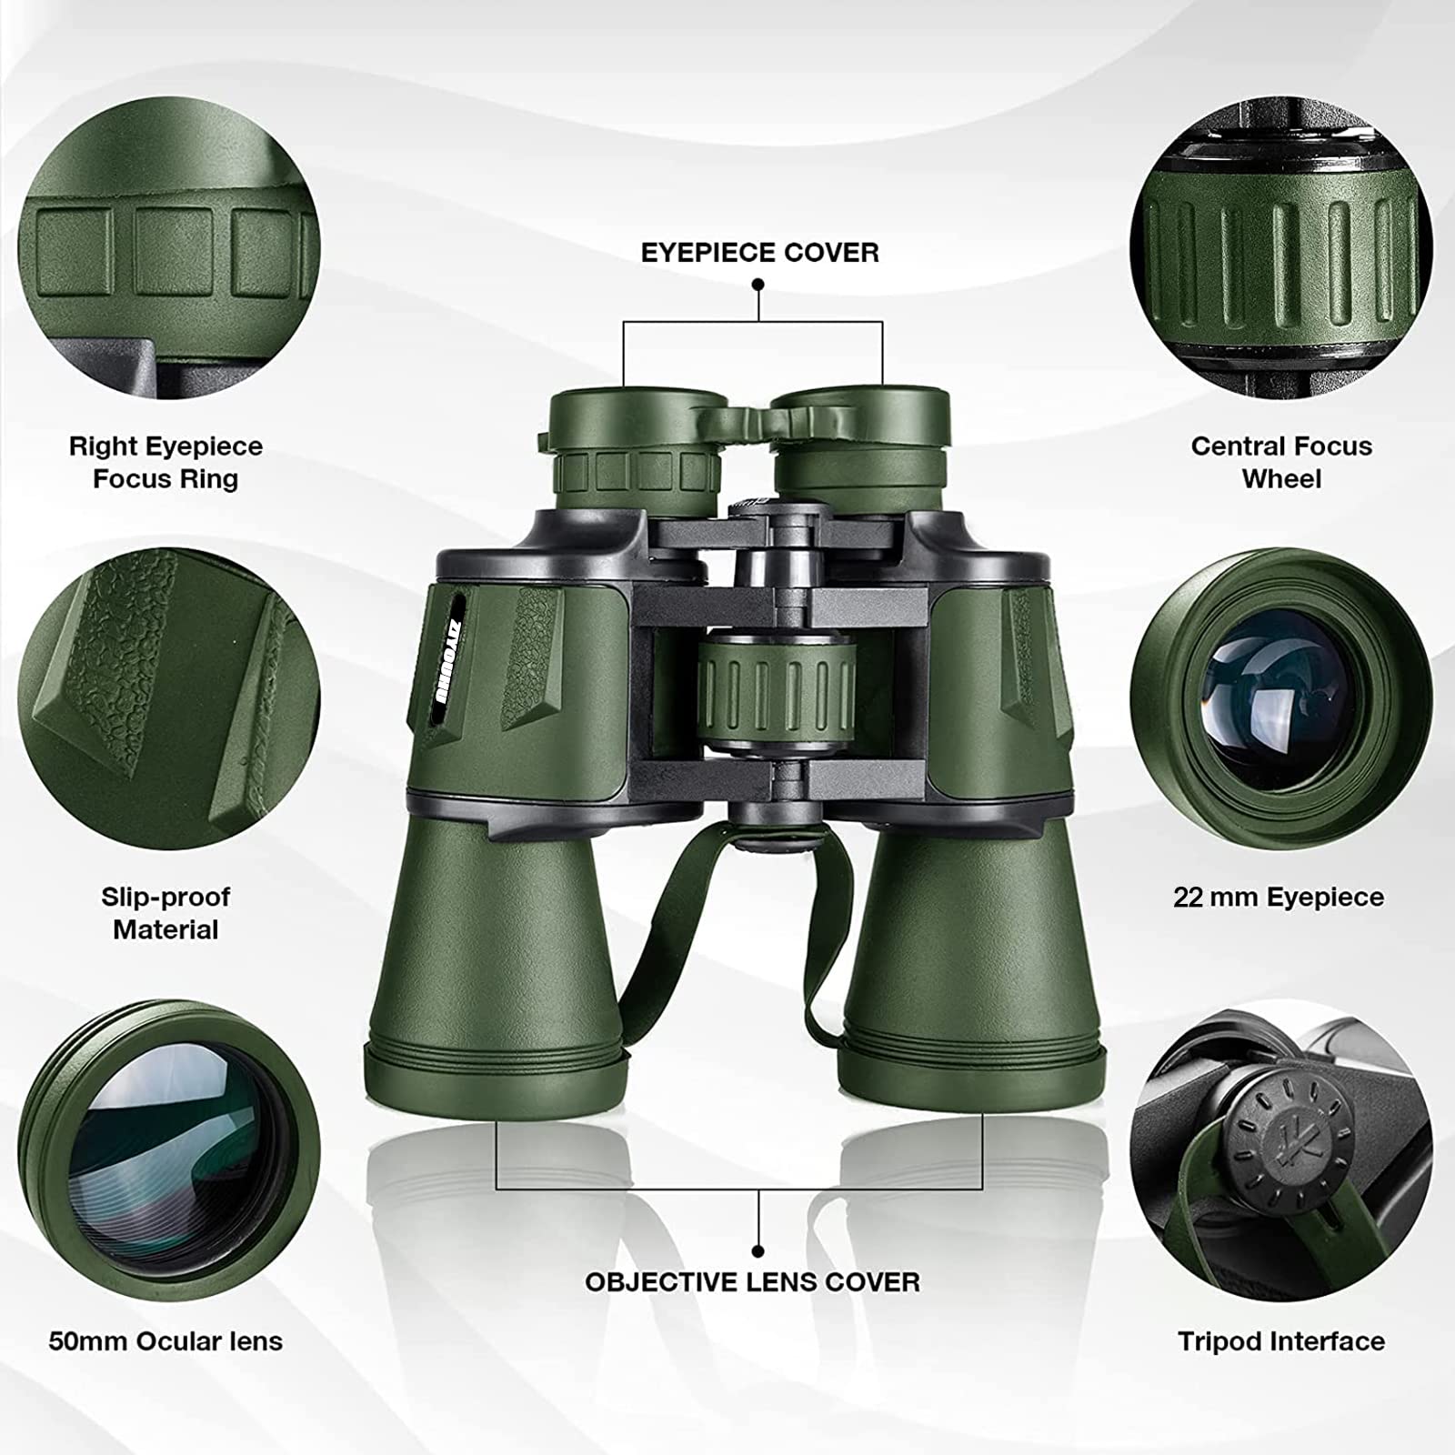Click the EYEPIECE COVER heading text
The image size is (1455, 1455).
coord(759,252)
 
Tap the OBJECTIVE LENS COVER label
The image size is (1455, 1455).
coord(752,1282)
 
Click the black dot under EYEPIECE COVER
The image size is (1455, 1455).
coord(758,285)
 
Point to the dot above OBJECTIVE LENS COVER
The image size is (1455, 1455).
coord(758,1251)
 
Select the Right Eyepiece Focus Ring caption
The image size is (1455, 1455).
coord(166,462)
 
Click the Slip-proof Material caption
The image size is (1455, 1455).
coord(166,913)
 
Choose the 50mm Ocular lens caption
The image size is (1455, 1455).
coord(166,1341)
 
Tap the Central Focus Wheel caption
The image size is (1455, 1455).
coord(1280,462)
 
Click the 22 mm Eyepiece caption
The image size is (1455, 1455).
coord(1278,898)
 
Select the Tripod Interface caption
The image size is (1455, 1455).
coord(1280,1341)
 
